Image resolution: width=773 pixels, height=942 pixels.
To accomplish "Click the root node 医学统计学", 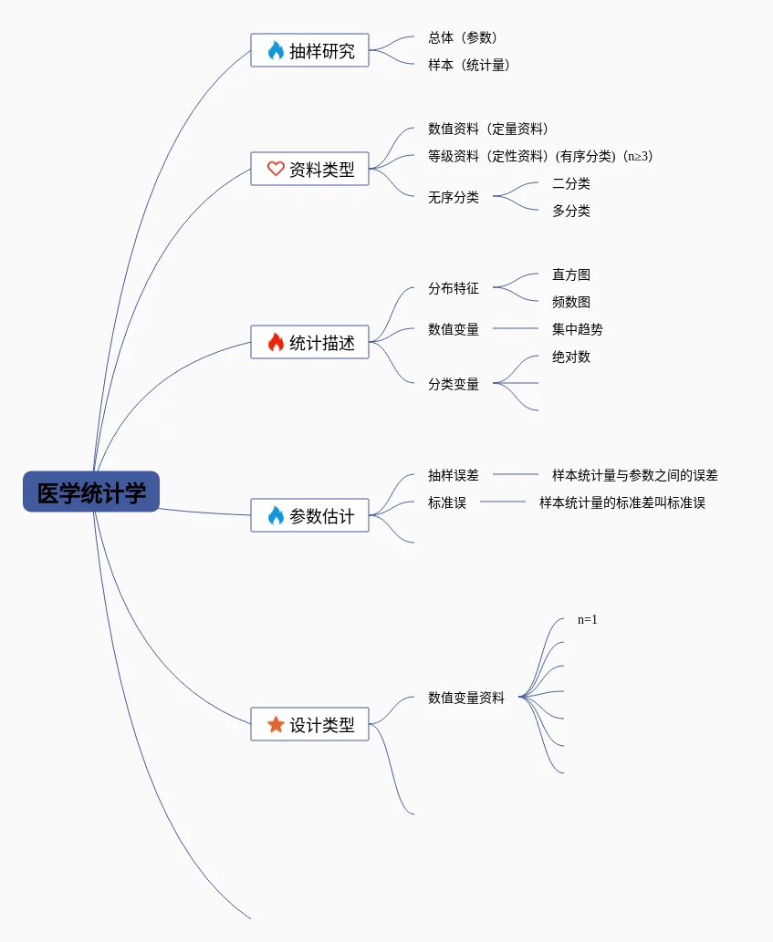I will click(x=91, y=492).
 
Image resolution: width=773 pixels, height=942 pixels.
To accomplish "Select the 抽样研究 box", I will click(x=310, y=51).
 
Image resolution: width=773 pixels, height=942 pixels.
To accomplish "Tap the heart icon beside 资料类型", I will click(x=276, y=169).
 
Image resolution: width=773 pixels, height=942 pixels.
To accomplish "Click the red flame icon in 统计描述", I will click(x=276, y=343).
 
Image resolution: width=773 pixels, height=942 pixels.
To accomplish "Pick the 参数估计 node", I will click(x=310, y=516).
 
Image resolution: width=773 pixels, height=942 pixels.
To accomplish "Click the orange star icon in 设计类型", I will click(x=276, y=725).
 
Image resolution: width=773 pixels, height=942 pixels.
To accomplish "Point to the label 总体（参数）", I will click(x=463, y=37).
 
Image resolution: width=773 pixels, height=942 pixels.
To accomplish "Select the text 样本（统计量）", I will click(x=469, y=65).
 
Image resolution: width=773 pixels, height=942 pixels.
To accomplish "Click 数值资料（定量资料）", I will click(x=488, y=129).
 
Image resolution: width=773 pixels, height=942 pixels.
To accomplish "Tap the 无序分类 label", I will click(x=454, y=197).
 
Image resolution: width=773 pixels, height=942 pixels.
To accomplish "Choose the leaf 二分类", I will click(x=571, y=183).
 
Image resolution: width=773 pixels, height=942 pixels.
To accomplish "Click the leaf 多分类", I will click(x=571, y=211).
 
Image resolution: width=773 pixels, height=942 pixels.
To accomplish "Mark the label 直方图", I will click(x=571, y=274).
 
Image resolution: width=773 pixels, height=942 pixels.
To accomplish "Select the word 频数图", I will click(x=571, y=302).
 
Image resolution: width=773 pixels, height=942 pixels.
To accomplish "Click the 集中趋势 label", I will click(x=578, y=329).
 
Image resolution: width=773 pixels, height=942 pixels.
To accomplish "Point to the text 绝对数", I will click(x=571, y=357).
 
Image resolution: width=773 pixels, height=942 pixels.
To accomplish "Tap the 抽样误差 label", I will click(x=454, y=475).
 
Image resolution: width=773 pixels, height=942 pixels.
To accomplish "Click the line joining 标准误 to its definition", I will click(x=503, y=502).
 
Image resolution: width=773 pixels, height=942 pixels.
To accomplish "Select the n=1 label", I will click(x=588, y=620).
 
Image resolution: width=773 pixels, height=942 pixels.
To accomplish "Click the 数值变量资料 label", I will click(x=466, y=698).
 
